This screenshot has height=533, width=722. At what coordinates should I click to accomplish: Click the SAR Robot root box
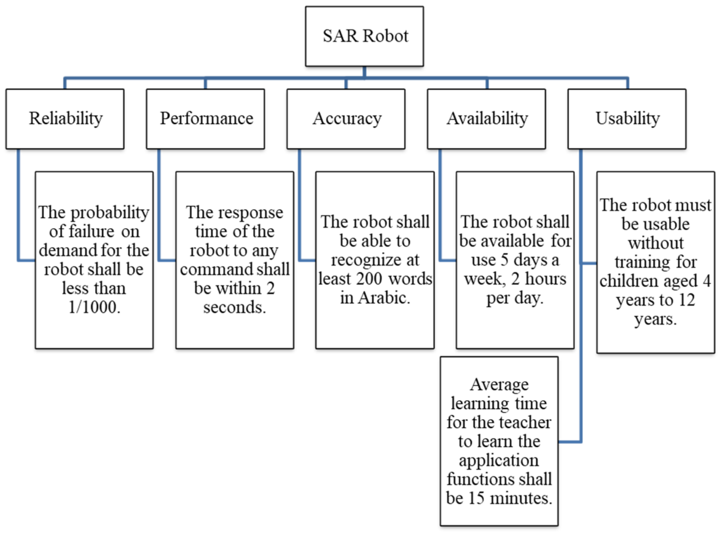click(x=364, y=36)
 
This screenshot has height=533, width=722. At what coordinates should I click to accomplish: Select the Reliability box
click(x=65, y=119)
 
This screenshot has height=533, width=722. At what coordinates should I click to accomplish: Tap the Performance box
click(x=206, y=119)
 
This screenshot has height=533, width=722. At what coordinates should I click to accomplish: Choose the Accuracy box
click(x=346, y=119)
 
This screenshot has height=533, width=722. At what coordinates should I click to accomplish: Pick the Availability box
click(x=487, y=119)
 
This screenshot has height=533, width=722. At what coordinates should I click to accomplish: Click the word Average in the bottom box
click(x=499, y=385)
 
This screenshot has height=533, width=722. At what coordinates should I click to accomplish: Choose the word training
click(x=642, y=262)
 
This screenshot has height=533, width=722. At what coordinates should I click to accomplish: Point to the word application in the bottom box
click(x=499, y=460)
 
